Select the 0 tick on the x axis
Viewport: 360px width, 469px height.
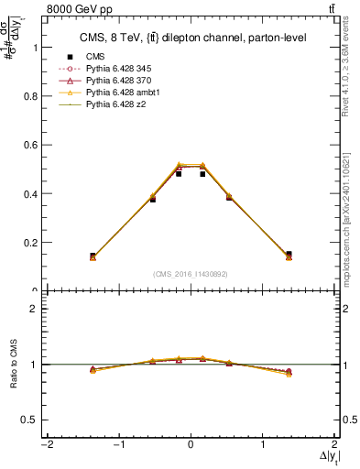click(191, 445)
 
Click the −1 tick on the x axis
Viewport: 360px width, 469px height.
click(118, 445)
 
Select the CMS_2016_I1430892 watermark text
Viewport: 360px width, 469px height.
click(191, 274)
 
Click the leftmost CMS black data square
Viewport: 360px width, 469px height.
click(93, 256)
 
